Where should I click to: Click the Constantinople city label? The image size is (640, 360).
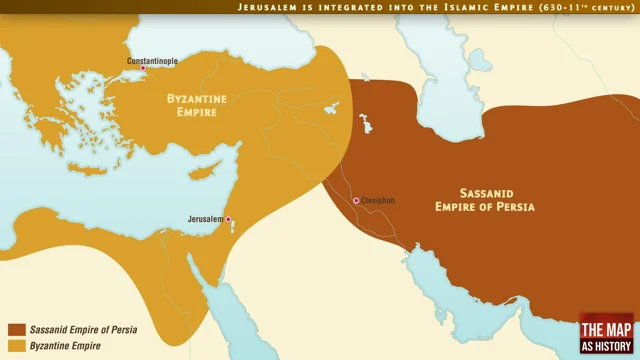(x=152, y=61)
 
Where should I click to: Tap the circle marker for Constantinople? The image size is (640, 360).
(x=142, y=69)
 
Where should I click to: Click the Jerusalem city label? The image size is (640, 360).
(x=204, y=218)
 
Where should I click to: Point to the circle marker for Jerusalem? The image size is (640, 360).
(x=228, y=218)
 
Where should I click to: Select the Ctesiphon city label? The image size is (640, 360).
(x=379, y=201)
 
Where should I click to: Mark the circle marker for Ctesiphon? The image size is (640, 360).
(x=356, y=201)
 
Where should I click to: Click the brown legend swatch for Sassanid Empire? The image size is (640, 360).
(x=16, y=329)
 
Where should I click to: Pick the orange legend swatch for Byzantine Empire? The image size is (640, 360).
(x=16, y=346)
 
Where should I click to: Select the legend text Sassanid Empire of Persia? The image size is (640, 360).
(x=83, y=329)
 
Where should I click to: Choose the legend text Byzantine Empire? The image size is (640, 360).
(x=67, y=346)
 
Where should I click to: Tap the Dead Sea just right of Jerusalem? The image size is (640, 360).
(x=233, y=225)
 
